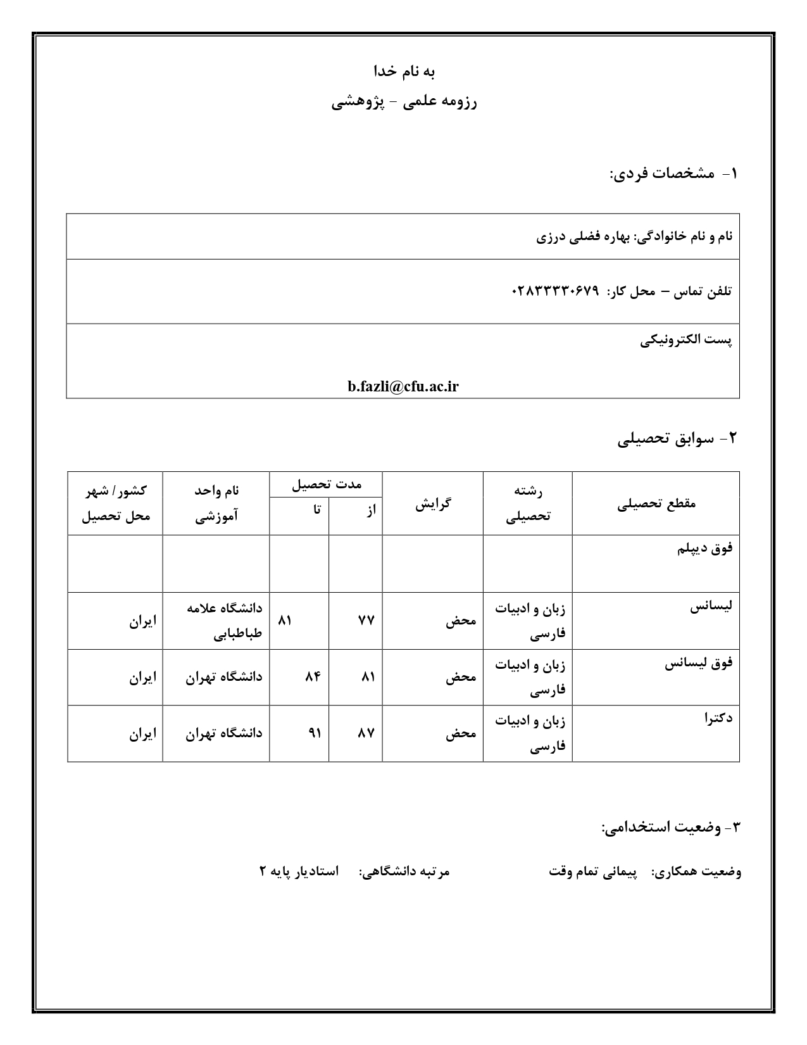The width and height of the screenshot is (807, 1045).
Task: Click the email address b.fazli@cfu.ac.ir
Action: pos(403,387)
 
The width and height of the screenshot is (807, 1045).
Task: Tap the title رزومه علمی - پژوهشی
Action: pos(404,102)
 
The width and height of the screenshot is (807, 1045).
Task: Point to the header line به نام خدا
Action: pos(404,72)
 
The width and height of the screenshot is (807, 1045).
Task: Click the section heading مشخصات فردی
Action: pos(672,174)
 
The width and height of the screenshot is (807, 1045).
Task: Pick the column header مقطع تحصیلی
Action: pos(656,503)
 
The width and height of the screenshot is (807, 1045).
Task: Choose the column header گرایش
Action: pos(433,503)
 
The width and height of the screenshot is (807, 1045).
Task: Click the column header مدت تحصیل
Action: pos(326,484)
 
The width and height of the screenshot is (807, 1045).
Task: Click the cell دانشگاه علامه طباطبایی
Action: pos(224,621)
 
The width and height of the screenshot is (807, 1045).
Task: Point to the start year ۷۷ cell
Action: pos(366,621)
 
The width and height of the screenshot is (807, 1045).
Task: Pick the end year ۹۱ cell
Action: pos(314,733)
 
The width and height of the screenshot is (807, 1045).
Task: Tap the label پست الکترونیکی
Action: pos(685,340)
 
